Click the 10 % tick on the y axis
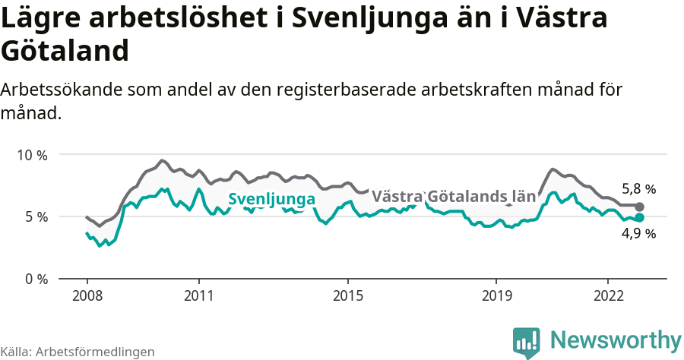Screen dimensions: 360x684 tap(32, 155)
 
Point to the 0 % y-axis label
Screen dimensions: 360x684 tap(35, 279)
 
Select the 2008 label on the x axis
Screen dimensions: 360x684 tap(87, 295)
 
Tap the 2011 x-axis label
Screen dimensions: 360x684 tap(198, 295)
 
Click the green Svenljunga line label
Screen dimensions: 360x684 tap(271, 200)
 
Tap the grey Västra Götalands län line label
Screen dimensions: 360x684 tap(454, 197)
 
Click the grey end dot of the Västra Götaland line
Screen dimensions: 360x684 tap(640, 207)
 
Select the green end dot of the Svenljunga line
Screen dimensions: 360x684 tap(640, 217)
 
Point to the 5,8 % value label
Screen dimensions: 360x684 tap(638, 189)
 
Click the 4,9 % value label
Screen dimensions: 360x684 tap(638, 234)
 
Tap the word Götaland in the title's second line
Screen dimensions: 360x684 tap(64, 52)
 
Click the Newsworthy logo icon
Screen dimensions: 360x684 tap(527, 343)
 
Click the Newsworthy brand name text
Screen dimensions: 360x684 tap(616, 339)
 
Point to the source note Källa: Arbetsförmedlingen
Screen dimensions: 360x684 tap(78, 352)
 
